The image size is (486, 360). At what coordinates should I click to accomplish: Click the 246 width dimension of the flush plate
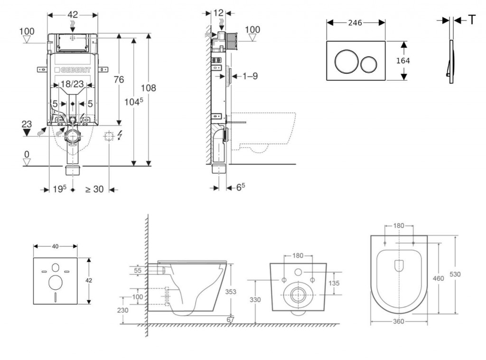point(355,23)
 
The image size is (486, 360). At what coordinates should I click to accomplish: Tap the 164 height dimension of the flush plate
point(402,61)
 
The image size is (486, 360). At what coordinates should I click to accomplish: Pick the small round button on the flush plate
point(369,63)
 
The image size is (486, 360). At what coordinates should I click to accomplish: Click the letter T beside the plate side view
point(472,19)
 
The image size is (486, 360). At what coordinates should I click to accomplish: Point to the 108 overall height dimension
point(149,88)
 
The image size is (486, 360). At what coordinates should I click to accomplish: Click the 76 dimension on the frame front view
point(119,80)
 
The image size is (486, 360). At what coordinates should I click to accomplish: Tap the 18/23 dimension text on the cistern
point(73,85)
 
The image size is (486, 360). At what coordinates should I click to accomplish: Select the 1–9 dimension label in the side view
point(250,76)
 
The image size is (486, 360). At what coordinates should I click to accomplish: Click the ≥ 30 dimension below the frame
point(94,189)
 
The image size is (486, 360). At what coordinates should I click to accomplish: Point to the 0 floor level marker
point(27,154)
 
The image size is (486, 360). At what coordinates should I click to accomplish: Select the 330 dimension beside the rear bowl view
point(255,300)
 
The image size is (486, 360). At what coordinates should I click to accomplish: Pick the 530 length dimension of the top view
point(455,274)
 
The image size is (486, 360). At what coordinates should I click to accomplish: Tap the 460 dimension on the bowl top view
point(439,278)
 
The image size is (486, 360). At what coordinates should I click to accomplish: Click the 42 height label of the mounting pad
point(89,280)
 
